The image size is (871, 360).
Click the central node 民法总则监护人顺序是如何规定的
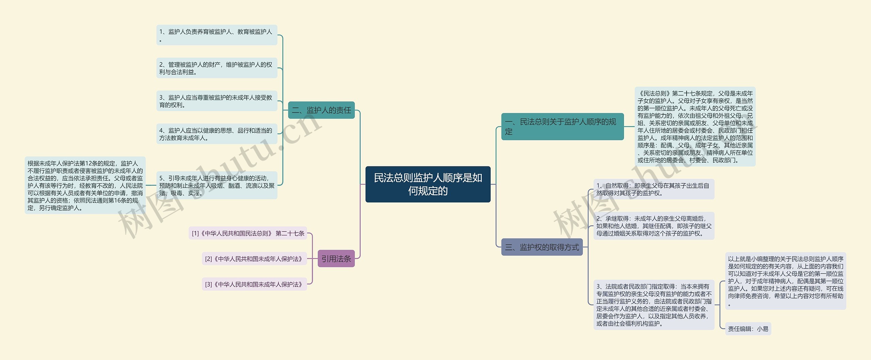pos(428,184)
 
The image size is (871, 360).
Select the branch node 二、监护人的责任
pos(321,110)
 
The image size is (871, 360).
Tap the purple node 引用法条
pos(336,259)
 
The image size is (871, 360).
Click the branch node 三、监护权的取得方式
pos(542,247)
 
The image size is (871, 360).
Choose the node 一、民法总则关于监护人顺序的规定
pos(562,127)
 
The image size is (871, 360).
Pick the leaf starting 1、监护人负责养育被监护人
pos(217,35)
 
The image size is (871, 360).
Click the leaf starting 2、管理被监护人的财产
pos(217,68)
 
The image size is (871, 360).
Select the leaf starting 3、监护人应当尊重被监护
pos(217,101)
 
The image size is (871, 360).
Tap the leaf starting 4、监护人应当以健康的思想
pos(217,134)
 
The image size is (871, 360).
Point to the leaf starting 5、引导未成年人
pos(217,185)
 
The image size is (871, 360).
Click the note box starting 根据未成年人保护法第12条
pos(85,185)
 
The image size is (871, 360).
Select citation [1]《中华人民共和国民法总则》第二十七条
pos(248,233)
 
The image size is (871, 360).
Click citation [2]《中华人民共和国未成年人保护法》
pos(254,259)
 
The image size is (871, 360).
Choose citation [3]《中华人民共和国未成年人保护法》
pos(254,284)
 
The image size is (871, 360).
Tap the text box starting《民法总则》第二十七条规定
pos(695,127)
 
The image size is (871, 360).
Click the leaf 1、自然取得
pos(654,189)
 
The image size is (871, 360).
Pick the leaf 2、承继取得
pos(654,226)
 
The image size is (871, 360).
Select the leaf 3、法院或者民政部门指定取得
pos(654,305)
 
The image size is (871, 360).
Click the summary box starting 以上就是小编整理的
pos(786,281)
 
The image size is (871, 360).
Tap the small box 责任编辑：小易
pos(748,329)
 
